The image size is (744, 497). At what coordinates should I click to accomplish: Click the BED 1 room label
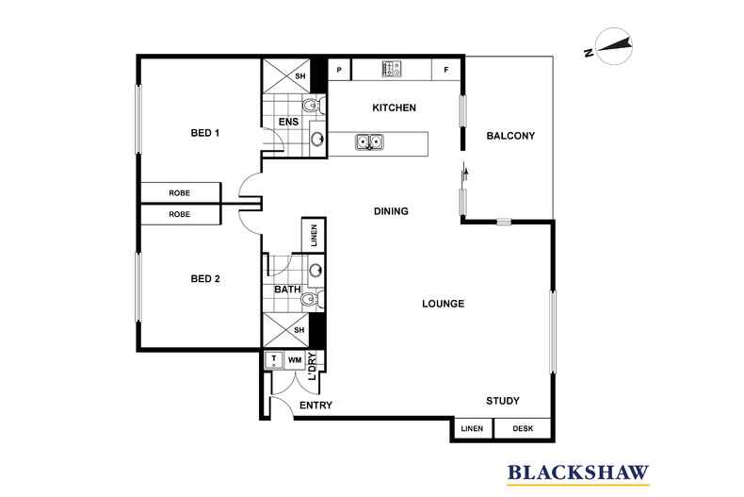(205, 133)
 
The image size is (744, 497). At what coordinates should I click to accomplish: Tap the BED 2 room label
(205, 279)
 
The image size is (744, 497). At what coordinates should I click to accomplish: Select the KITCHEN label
(395, 108)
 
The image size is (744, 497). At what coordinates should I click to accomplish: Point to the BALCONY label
(510, 136)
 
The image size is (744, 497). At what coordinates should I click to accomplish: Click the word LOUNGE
(444, 304)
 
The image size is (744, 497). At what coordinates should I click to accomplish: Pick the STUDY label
(503, 401)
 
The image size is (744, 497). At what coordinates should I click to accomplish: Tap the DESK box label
(523, 428)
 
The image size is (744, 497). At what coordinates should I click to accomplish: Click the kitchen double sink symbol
(369, 142)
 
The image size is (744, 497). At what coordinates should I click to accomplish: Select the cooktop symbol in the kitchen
(392, 69)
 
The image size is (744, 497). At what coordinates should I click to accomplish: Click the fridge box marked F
(446, 70)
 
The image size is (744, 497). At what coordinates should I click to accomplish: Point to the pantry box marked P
(339, 70)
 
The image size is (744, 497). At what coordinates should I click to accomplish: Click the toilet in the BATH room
(313, 299)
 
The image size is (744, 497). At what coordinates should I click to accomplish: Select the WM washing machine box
(295, 360)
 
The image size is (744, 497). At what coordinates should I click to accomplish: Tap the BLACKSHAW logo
(578, 473)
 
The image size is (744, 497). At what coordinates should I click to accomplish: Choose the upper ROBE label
(179, 193)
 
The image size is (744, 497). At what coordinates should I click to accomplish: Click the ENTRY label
(316, 406)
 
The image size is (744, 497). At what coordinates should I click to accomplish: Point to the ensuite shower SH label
(300, 76)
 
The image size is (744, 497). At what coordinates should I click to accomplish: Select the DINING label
(391, 211)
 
